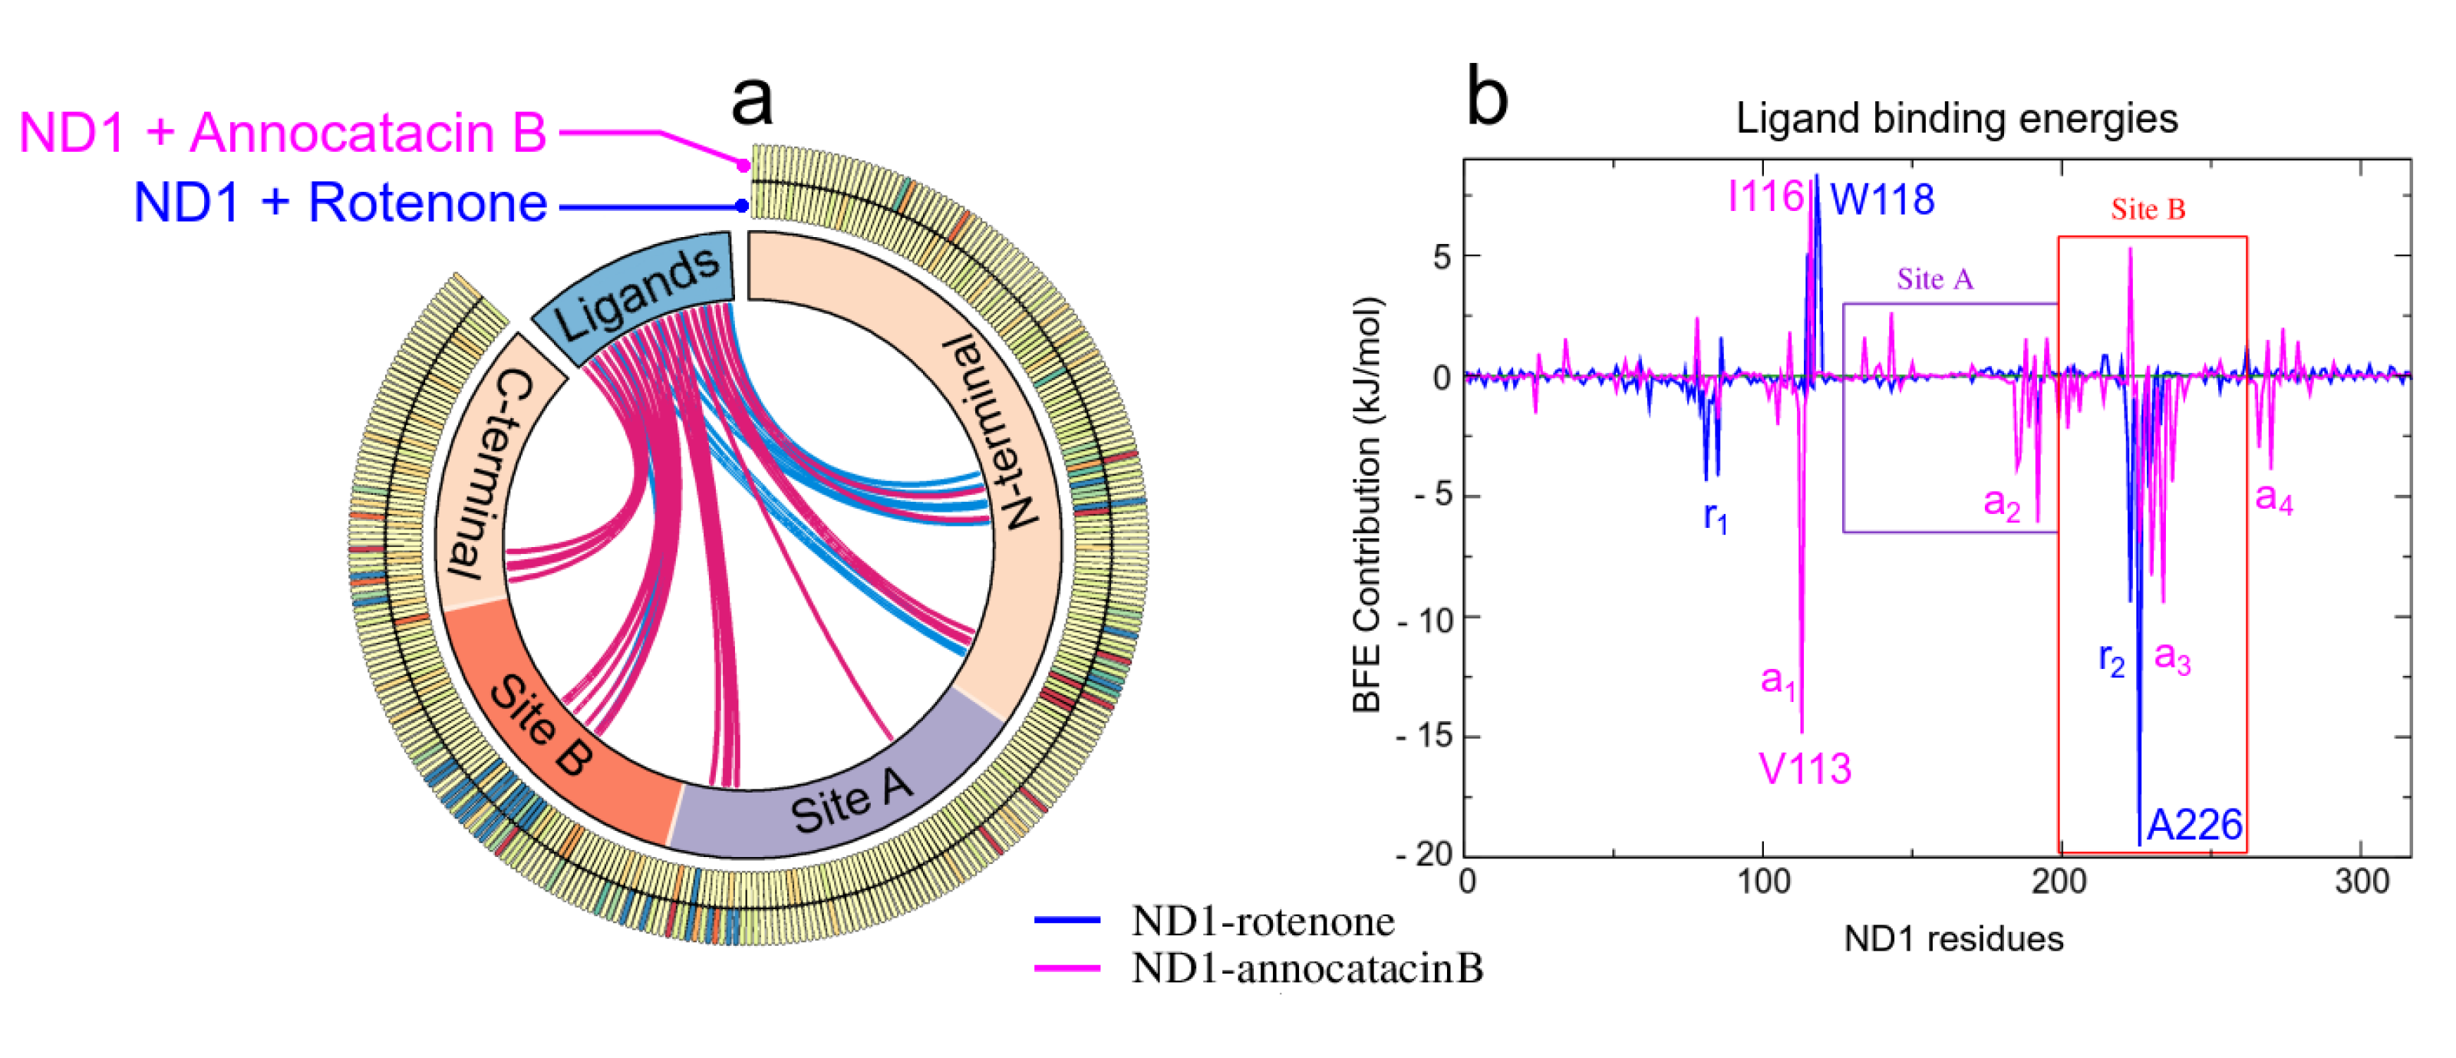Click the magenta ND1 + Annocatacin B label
pyautogui.click(x=282, y=133)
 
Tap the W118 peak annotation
pyautogui.click(x=1882, y=200)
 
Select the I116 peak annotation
pyautogui.click(x=1765, y=198)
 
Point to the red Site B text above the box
pyautogui.click(x=2147, y=209)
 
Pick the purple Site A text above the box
pyautogui.click(x=1934, y=279)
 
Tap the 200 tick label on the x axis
pyautogui.click(x=2059, y=882)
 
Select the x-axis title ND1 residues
pyautogui.click(x=1953, y=940)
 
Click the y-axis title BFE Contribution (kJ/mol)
pyautogui.click(x=1366, y=505)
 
